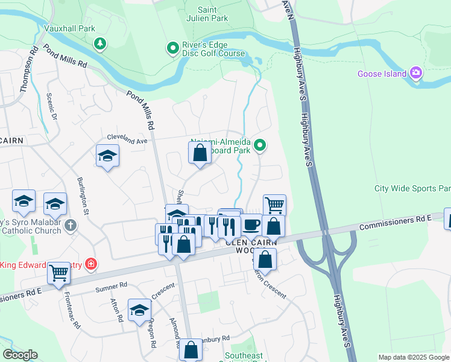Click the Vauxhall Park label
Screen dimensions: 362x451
(x=69, y=28)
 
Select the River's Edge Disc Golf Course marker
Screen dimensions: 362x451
(x=173, y=47)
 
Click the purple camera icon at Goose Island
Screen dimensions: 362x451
(x=415, y=74)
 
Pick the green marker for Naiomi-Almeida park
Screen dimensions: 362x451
(x=260, y=145)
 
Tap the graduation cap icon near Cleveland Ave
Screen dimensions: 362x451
(x=107, y=156)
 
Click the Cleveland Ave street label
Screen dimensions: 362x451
(x=127, y=140)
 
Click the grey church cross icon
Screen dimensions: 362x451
(x=71, y=226)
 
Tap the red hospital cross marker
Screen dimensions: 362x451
(x=90, y=264)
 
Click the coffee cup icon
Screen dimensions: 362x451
(x=251, y=224)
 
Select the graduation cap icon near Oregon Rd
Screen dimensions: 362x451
(x=139, y=310)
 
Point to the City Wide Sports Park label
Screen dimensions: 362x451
(x=412, y=188)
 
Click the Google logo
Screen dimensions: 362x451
(x=20, y=355)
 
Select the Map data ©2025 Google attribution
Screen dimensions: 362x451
(x=413, y=357)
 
